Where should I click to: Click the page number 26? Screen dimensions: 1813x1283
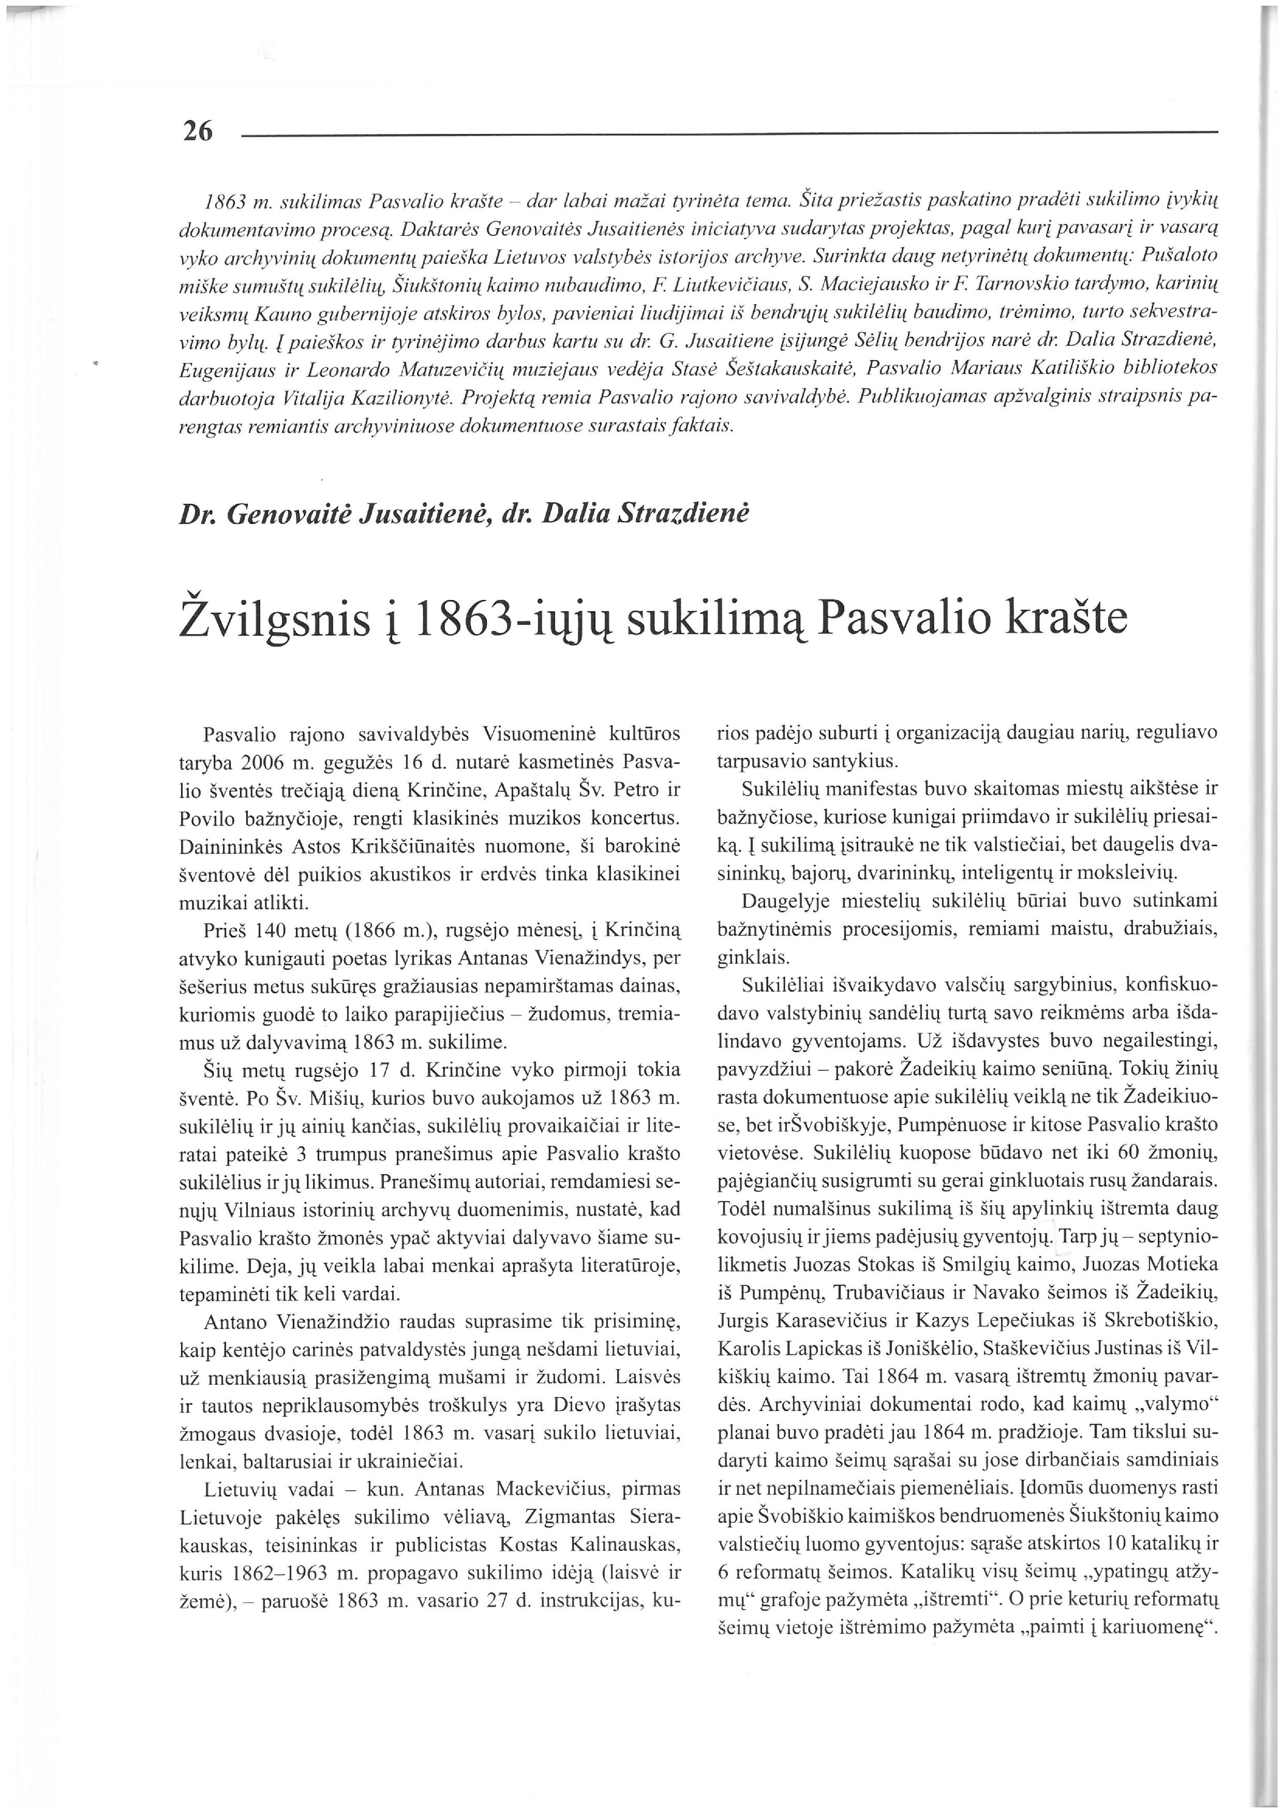point(198,131)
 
